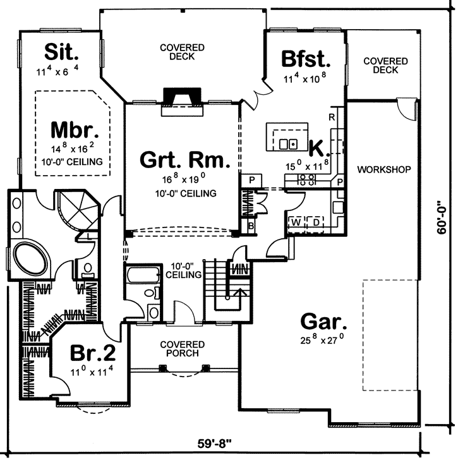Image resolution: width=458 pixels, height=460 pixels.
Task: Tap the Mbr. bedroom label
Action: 75,131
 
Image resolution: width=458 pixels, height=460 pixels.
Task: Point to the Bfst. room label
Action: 306,60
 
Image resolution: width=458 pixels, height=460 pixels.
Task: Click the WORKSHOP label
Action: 384,170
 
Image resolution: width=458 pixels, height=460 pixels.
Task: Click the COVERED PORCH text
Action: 182,348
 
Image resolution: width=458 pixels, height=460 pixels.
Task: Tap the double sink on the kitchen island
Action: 289,143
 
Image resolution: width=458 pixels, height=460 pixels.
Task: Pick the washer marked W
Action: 296,222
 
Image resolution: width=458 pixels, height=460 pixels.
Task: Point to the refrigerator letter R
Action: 330,118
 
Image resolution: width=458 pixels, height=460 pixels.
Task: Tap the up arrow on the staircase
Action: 239,292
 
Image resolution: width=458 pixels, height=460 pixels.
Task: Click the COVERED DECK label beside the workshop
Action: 385,65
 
